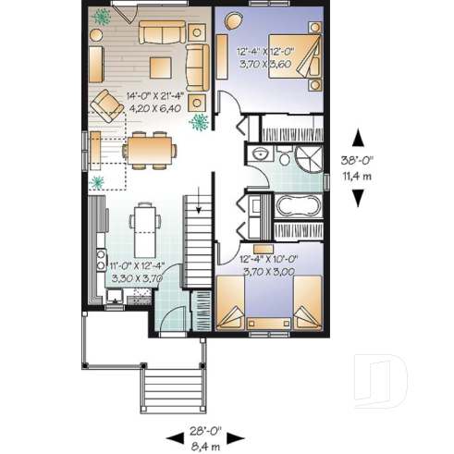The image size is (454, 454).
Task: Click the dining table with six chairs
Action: pos(148,148)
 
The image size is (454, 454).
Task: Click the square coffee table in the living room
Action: pos(162,67)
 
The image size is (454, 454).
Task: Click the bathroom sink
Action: pos(263,155)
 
